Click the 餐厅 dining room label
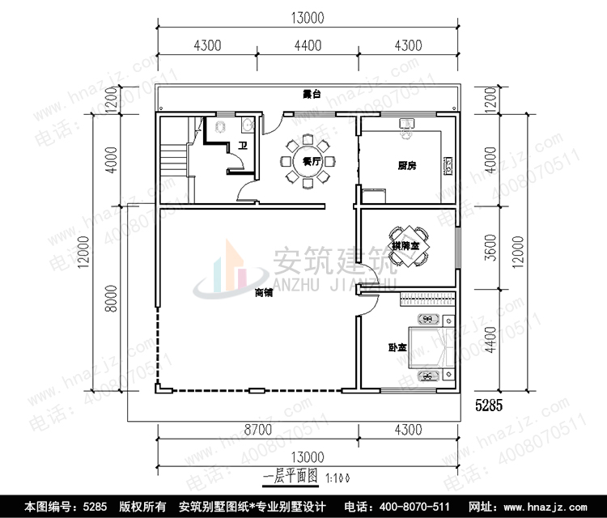(308, 162)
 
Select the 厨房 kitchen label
(406, 166)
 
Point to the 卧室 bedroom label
(397, 349)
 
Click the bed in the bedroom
(429, 347)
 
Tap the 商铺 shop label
(263, 292)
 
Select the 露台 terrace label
(310, 95)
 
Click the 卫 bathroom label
(242, 146)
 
